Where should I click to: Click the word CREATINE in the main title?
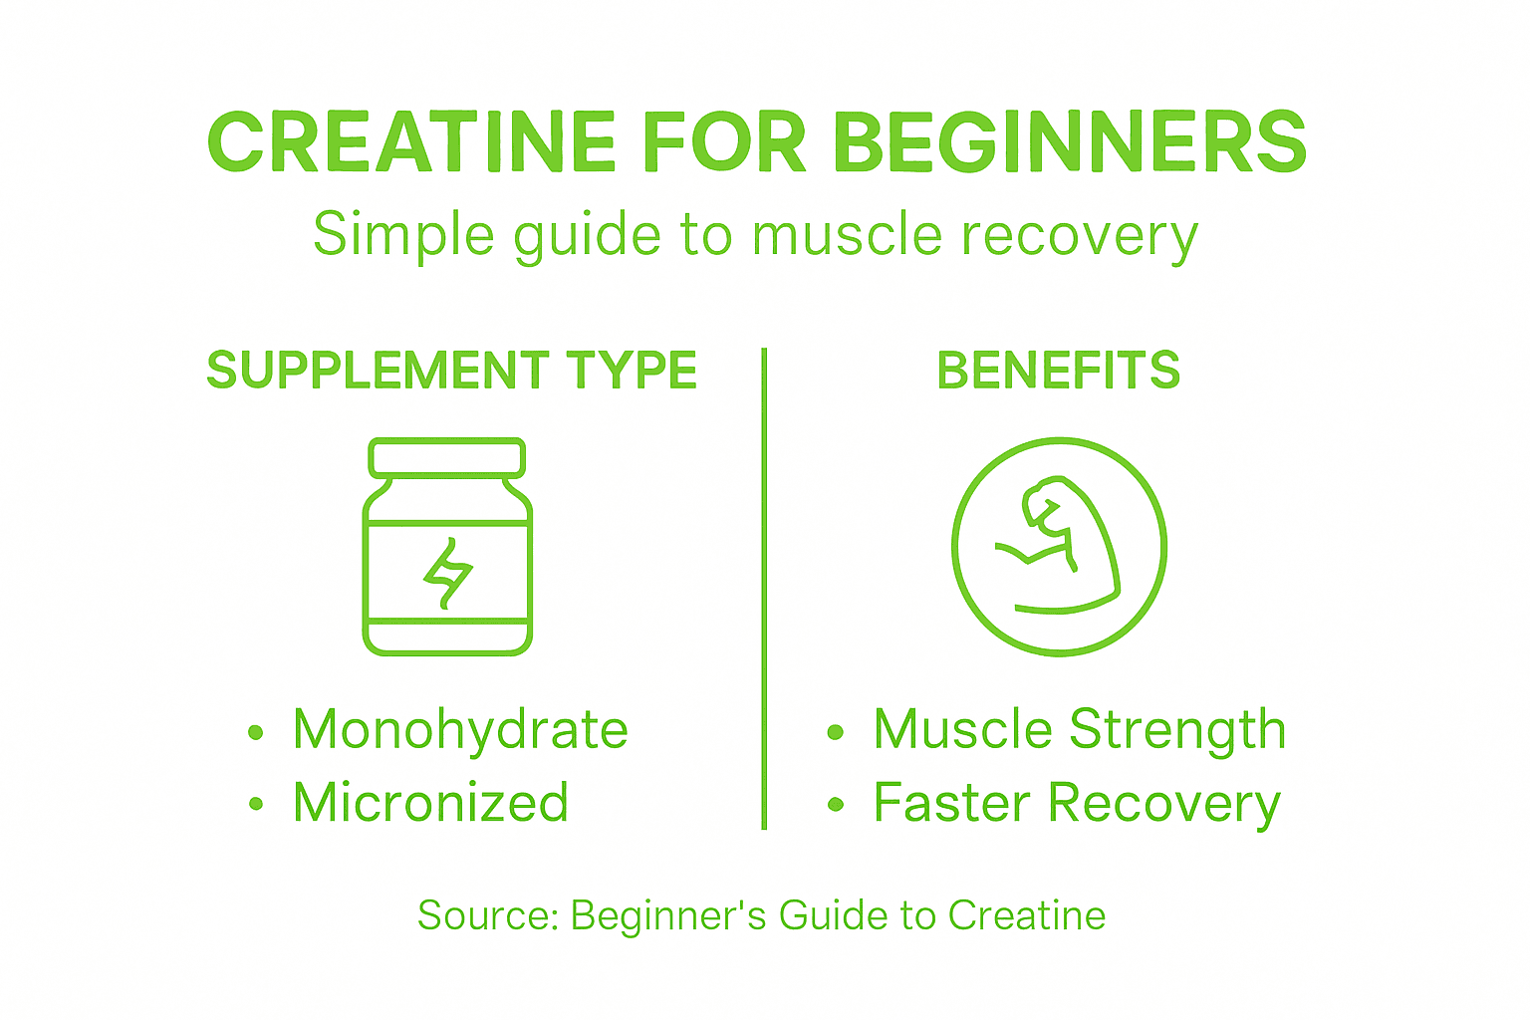click(x=412, y=142)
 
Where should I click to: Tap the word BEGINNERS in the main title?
click(x=1070, y=142)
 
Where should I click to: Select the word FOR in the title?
click(x=724, y=142)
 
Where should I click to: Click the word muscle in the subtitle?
click(x=847, y=235)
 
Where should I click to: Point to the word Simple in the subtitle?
click(x=403, y=235)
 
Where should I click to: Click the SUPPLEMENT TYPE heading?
click(x=451, y=371)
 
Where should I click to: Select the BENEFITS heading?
click(x=1059, y=371)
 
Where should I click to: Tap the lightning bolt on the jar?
click(x=447, y=572)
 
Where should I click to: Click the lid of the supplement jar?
click(x=446, y=458)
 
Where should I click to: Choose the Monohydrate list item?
click(x=460, y=730)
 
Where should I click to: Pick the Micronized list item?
click(x=430, y=803)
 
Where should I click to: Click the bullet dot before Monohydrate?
click(x=256, y=733)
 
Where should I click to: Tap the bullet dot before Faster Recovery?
click(x=836, y=805)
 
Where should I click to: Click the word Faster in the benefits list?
click(x=951, y=803)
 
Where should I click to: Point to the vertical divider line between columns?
click(x=764, y=588)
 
